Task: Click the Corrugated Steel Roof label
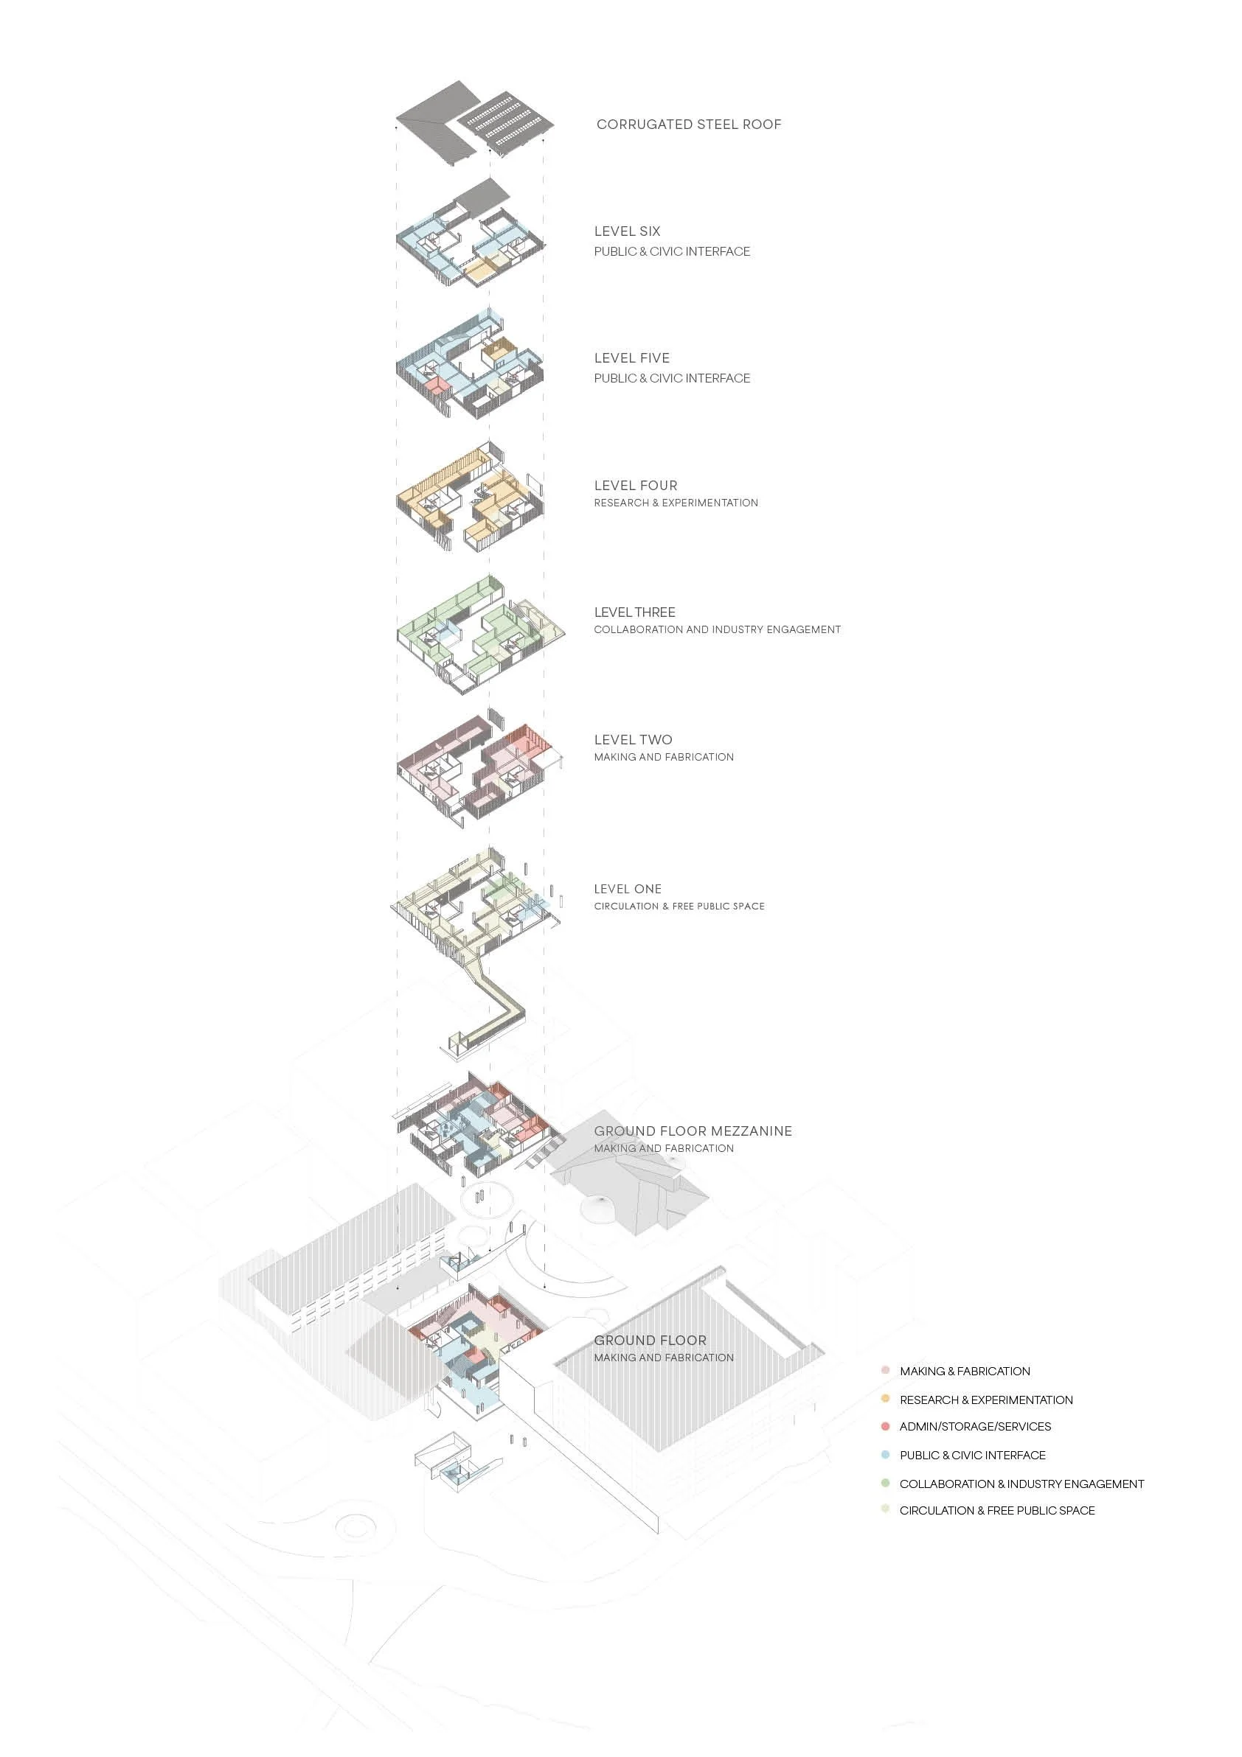[x=688, y=125]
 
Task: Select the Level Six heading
[x=626, y=231]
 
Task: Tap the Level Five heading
[x=632, y=358]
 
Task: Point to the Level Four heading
[x=636, y=485]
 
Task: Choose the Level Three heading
[x=635, y=612]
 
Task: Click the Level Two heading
[x=634, y=739]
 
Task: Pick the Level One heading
[x=627, y=888]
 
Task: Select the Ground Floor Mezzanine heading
[x=693, y=1131]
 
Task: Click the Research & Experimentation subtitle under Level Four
[x=676, y=503]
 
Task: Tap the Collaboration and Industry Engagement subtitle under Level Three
[x=717, y=630]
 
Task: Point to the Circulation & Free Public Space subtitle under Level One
[x=679, y=906]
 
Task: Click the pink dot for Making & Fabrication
[x=885, y=1371]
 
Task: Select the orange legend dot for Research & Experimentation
[x=885, y=1399]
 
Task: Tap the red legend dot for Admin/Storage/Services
[x=885, y=1426]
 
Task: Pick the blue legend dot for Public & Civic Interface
[x=885, y=1455]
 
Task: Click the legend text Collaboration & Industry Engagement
[x=1021, y=1484]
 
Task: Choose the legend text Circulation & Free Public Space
[x=996, y=1511]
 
